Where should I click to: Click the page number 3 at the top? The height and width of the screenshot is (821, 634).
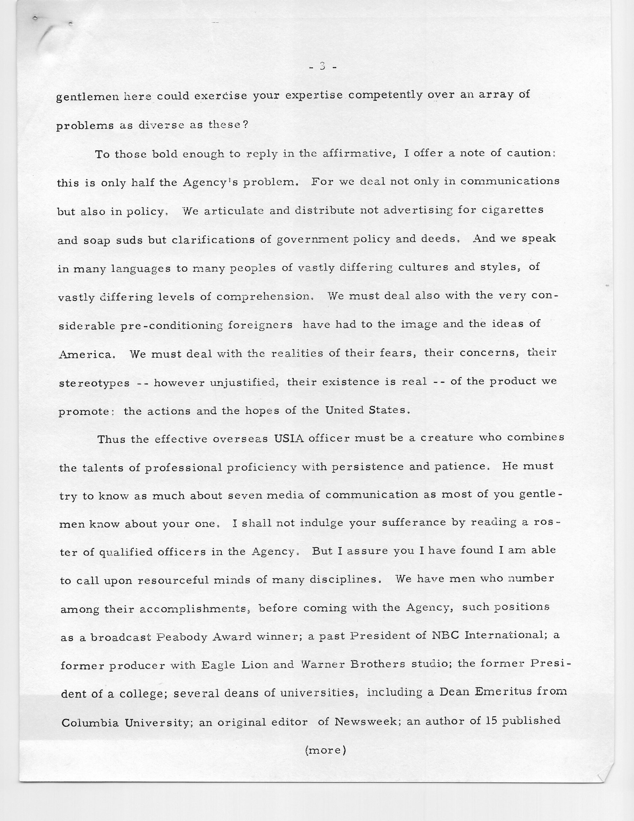pyautogui.click(x=322, y=67)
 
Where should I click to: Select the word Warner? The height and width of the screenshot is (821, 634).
pyautogui.click(x=321, y=664)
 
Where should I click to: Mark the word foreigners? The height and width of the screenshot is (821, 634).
pyautogui.click(x=260, y=325)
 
